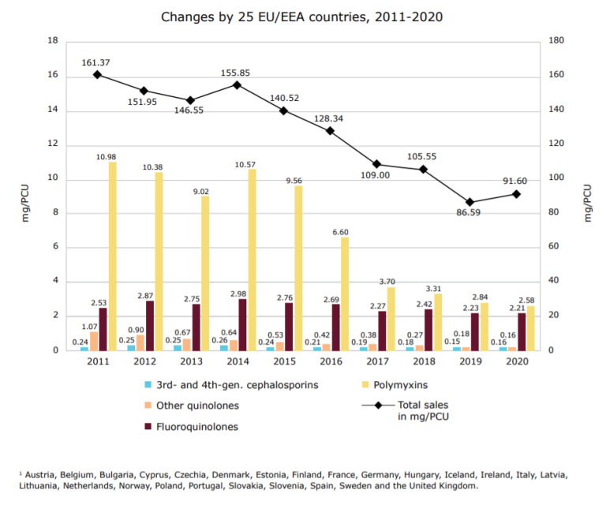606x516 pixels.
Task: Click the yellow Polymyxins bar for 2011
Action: click(x=112, y=256)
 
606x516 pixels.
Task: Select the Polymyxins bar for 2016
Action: click(x=345, y=293)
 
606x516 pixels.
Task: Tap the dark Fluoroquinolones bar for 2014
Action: click(x=242, y=323)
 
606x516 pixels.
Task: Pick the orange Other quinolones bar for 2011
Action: click(x=94, y=340)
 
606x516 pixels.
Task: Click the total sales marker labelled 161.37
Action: click(x=97, y=74)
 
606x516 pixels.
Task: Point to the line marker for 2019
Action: click(x=469, y=202)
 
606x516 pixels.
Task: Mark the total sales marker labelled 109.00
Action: click(x=376, y=164)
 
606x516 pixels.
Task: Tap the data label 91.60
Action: click(x=515, y=181)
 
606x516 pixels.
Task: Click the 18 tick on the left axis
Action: click(x=54, y=41)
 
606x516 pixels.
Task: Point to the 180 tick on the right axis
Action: click(x=556, y=41)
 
